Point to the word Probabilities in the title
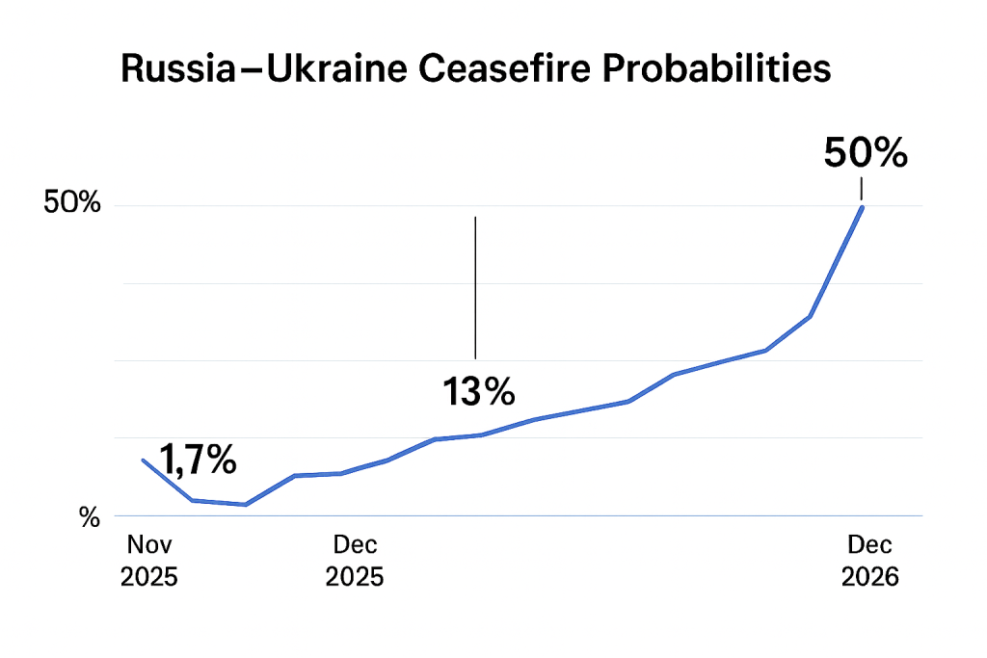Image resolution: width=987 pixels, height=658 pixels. pyautogui.click(x=709, y=72)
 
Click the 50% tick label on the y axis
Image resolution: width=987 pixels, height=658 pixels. pyautogui.click(x=73, y=205)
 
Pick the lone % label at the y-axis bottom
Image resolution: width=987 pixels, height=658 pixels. pyautogui.click(x=90, y=518)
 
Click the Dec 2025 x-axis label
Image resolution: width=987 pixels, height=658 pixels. pyautogui.click(x=355, y=561)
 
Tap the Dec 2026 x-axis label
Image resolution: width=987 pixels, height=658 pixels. pyautogui.click(x=870, y=561)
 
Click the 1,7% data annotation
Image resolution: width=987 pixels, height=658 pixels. pyautogui.click(x=198, y=461)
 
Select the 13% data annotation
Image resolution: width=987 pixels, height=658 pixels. pyautogui.click(x=478, y=392)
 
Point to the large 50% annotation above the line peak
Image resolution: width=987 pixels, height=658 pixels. pyautogui.click(x=866, y=153)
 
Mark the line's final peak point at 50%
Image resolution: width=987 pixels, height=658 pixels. pyautogui.click(x=862, y=207)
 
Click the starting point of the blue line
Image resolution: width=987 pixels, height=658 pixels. pyautogui.click(x=144, y=461)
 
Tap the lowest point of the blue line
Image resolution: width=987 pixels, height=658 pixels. pyautogui.click(x=246, y=505)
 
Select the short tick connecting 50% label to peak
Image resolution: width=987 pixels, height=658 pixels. pyautogui.click(x=862, y=188)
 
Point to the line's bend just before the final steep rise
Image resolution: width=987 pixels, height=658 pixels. pyautogui.click(x=811, y=316)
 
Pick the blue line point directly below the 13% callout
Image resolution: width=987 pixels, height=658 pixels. pyautogui.click(x=479, y=435)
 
